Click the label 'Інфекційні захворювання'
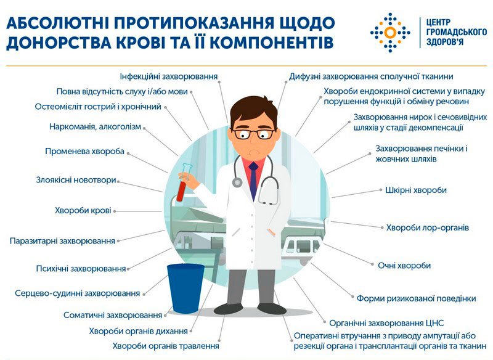tap(169, 76)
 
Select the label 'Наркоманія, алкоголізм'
tap(96, 127)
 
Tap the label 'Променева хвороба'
tap(84, 151)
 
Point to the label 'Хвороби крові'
tap(83, 210)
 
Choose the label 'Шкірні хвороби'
tap(416, 190)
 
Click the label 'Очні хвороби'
tap(404, 265)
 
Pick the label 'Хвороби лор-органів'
tap(428, 227)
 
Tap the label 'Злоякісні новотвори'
tap(76, 180)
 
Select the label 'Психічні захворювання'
tap(81, 269)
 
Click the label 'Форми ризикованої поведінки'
tap(417, 298)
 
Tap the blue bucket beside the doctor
tap(185, 288)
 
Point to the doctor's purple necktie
tap(253, 181)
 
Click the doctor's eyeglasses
tap(255, 134)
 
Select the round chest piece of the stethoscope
tap(237, 182)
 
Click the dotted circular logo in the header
tap(390, 33)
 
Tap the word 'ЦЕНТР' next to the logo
tap(438, 23)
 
